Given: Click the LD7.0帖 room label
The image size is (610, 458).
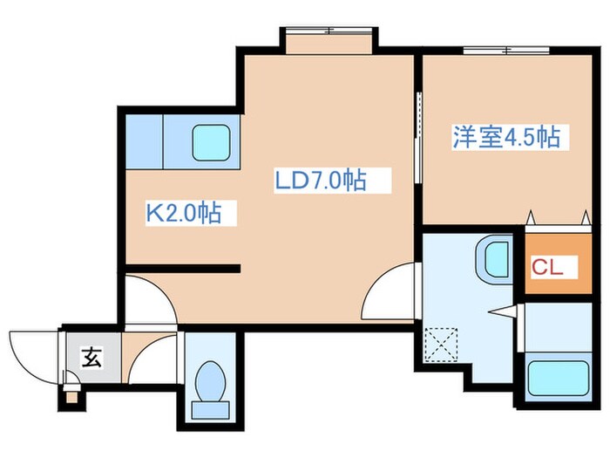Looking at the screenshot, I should point(320,181).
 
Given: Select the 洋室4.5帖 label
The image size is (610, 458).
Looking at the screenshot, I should point(505,137).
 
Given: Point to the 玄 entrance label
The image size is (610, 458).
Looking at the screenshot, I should point(90,356).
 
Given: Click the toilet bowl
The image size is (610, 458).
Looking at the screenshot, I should point(209,381).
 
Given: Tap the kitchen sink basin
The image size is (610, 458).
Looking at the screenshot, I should point(210,140).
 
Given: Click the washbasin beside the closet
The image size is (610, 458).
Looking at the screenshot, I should point(494,259).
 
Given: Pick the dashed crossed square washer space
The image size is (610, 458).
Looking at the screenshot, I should point(442,342).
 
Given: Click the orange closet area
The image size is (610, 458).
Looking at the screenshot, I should point(554,262).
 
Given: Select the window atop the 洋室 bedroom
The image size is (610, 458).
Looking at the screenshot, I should point(498,50).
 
